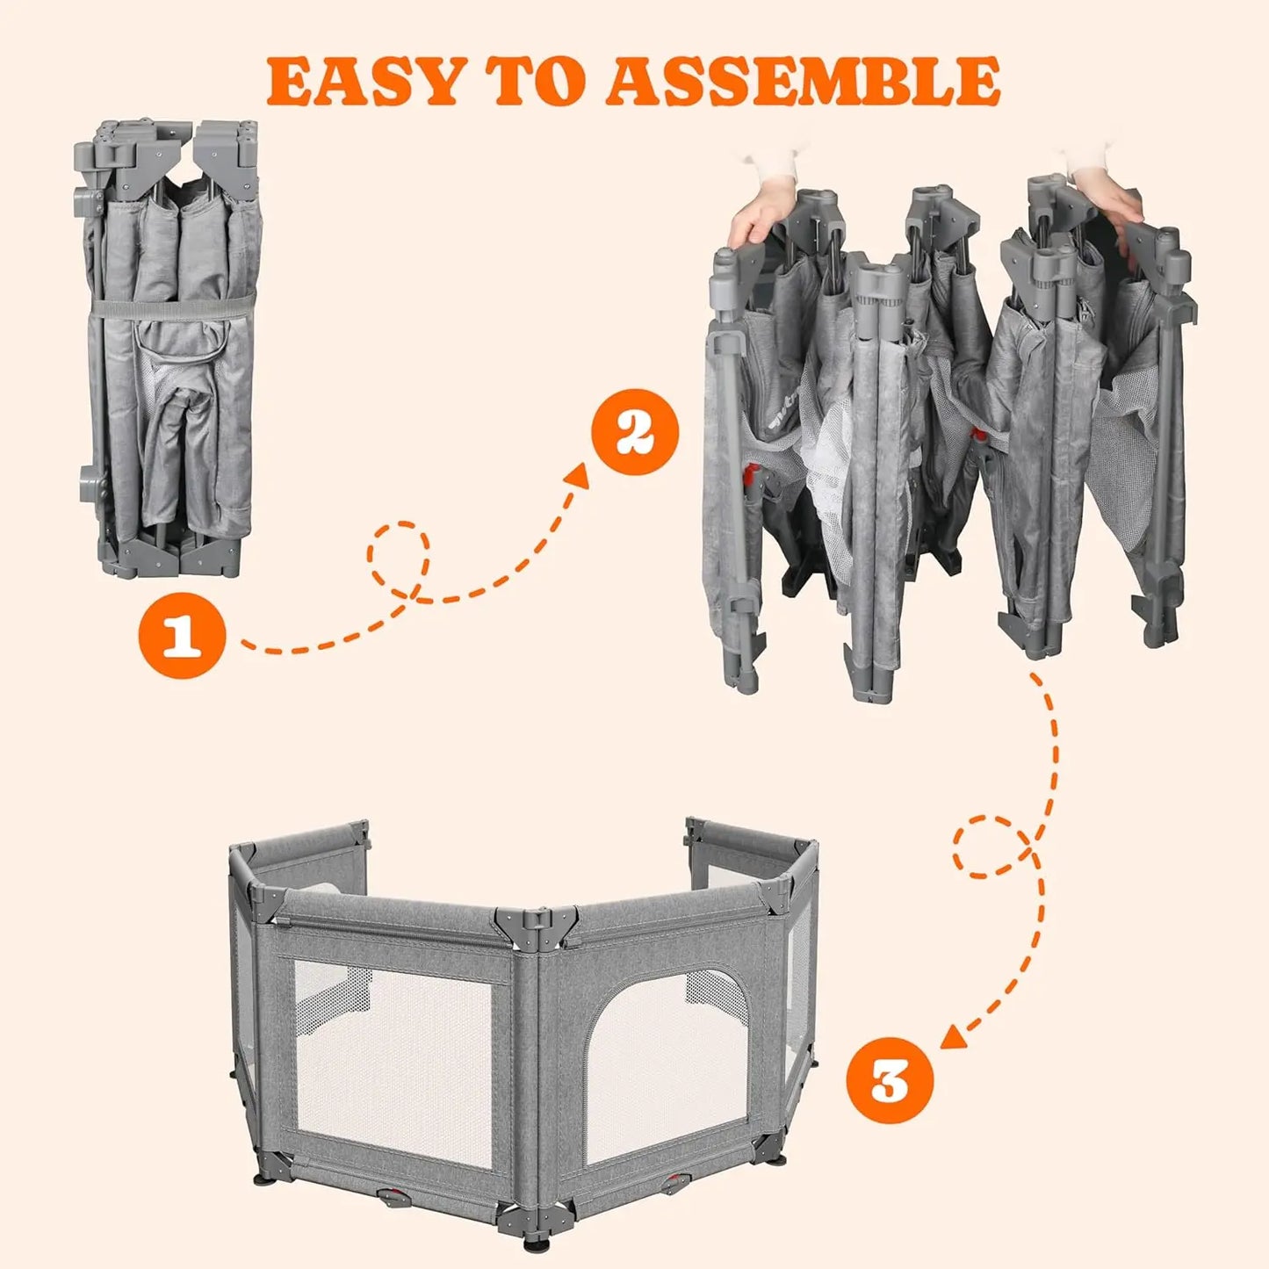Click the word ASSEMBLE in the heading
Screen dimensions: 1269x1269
tap(803, 82)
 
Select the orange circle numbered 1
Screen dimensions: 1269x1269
tap(182, 634)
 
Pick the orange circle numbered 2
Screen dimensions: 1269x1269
tap(635, 432)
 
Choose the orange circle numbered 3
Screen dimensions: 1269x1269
tap(889, 1080)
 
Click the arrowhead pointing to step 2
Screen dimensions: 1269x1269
tap(577, 475)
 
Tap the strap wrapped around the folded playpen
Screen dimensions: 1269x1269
tap(171, 307)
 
